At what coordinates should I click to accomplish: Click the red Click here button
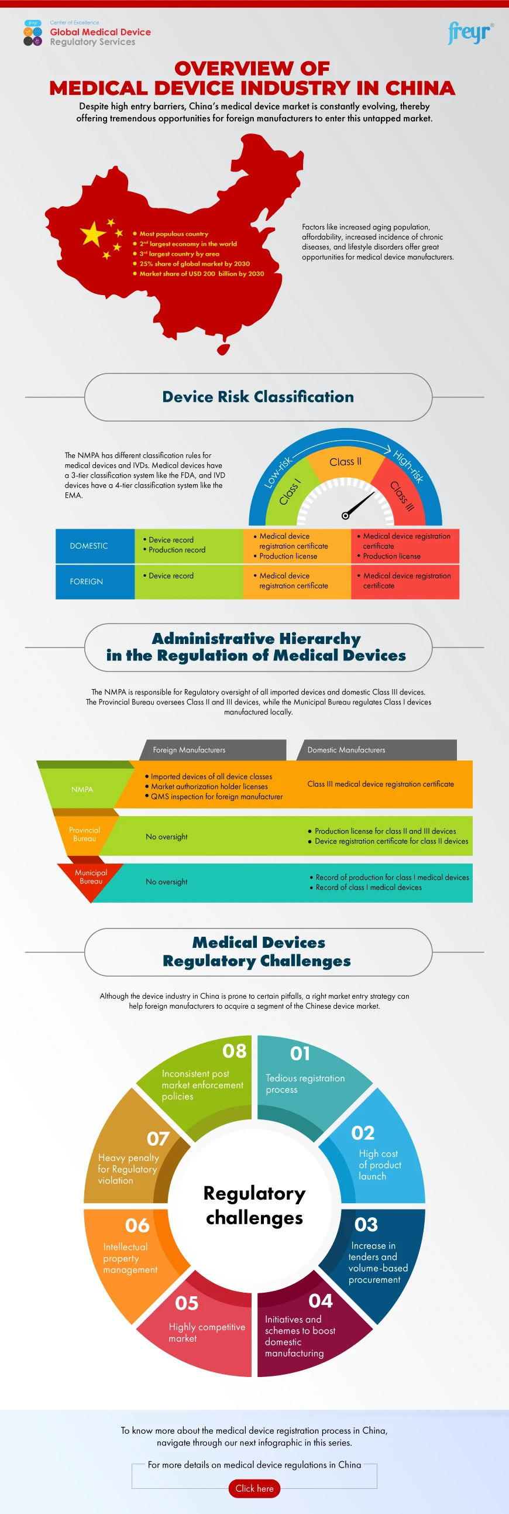[254, 1488]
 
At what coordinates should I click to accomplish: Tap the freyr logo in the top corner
[469, 33]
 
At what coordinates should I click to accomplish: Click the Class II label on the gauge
[345, 462]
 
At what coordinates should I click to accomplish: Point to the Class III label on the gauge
[402, 495]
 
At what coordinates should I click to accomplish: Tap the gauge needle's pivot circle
[345, 516]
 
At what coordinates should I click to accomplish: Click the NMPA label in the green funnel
[82, 789]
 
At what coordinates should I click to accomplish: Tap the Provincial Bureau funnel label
[84, 834]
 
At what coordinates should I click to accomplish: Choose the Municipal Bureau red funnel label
[91, 877]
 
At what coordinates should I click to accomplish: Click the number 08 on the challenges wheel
[234, 1051]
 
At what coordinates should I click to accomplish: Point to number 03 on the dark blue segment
[366, 1225]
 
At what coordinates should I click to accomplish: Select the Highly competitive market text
[207, 1333]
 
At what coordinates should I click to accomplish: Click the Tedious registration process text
[305, 1083]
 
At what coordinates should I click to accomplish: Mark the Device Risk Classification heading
[258, 397]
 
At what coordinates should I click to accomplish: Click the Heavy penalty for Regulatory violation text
[128, 1169]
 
